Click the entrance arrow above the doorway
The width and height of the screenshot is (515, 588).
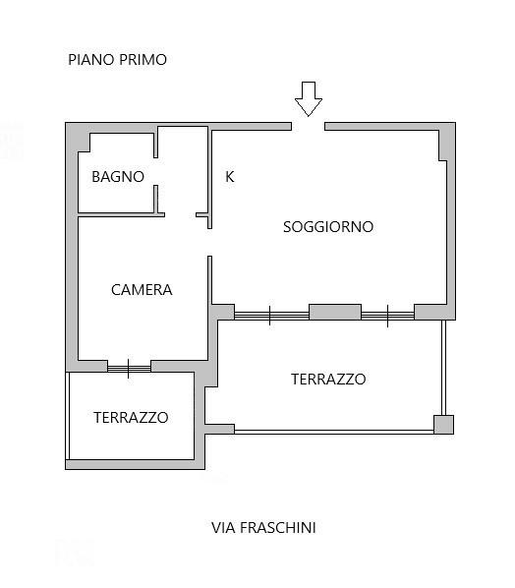point(308,99)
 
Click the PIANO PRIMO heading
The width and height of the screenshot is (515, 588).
point(117,60)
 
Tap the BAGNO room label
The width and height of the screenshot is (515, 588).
point(118,177)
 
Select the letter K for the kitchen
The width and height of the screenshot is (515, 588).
point(229,177)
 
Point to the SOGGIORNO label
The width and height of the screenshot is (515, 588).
point(328,227)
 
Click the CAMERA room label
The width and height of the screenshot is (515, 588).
point(142,290)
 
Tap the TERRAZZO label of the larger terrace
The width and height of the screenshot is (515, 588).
point(328,380)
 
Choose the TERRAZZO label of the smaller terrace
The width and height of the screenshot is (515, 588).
point(131,417)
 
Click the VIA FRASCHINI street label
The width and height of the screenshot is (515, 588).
point(263,528)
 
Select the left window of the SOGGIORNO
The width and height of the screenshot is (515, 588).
point(271,316)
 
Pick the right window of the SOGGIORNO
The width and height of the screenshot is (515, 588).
point(387,316)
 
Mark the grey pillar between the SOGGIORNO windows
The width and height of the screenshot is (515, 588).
point(335,312)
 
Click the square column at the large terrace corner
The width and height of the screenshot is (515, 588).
point(444,425)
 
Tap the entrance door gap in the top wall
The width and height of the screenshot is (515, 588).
point(308,127)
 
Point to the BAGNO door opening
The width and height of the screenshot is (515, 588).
point(155,171)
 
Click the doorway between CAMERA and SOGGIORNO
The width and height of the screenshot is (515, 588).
point(210,242)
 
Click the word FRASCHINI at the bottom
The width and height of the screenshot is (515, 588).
point(278,528)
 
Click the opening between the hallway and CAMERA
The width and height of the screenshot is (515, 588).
point(180,215)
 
